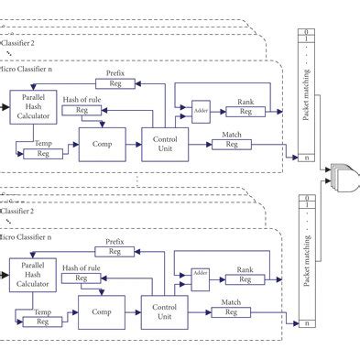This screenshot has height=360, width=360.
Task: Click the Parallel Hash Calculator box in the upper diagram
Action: coord(33,107)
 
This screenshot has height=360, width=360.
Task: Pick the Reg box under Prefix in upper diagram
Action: coord(115,84)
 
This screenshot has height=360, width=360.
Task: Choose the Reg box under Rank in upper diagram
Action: coord(245,112)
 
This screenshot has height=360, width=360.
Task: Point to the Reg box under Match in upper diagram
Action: coord(232,144)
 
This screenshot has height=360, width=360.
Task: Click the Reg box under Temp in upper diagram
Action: coord(43,153)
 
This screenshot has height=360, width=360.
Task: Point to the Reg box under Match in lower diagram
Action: coord(232,312)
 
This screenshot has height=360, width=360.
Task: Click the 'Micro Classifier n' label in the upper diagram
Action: coord(31,67)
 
